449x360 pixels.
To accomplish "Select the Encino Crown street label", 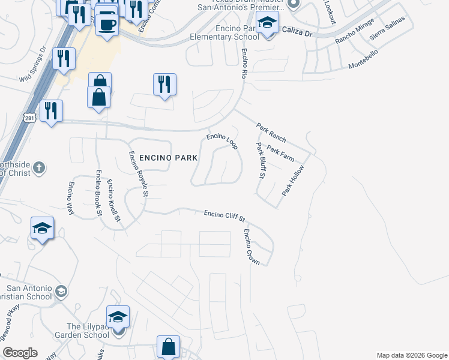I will click(x=252, y=247).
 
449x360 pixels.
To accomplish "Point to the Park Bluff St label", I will click(x=260, y=160).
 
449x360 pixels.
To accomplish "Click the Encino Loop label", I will click(x=222, y=141).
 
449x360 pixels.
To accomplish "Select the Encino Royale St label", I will click(x=138, y=173).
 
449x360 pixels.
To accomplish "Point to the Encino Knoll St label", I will click(x=114, y=200).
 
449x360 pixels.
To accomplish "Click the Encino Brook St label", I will click(x=97, y=193).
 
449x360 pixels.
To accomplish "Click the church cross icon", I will click(x=39, y=167).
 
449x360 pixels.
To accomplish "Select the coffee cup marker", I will click(x=107, y=25).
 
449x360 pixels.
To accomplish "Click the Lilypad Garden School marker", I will click(x=118, y=317).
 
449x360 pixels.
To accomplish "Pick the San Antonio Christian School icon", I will click(x=61, y=291).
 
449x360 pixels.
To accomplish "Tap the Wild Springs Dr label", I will click(x=33, y=65).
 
